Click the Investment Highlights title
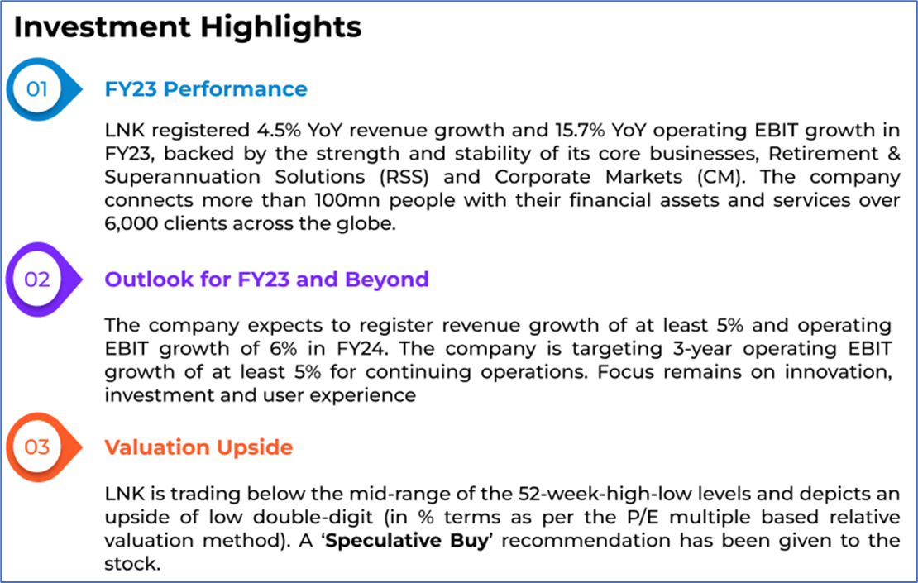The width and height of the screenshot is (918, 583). (x=188, y=27)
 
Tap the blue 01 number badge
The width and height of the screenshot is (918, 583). (x=38, y=88)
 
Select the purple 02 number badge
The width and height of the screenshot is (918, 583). (x=38, y=280)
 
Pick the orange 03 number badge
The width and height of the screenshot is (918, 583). (x=38, y=447)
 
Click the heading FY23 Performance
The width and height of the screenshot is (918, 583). (x=205, y=89)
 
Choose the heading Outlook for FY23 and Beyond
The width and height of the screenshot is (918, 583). (x=266, y=280)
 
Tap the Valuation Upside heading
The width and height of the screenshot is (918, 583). (x=198, y=447)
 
